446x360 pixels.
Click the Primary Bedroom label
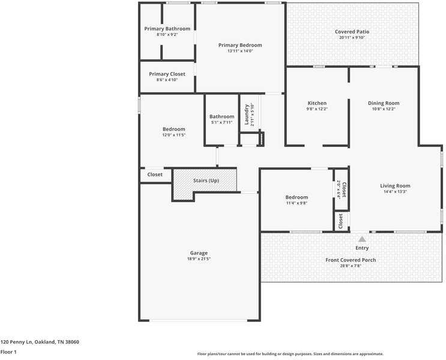240,45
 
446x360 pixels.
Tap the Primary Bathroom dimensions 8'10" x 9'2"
167,35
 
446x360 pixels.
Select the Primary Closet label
167,74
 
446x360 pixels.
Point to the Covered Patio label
352,32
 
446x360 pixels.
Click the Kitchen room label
317,103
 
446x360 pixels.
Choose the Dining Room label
384,103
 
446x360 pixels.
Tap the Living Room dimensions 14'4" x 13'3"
395,192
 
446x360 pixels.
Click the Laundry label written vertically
246,114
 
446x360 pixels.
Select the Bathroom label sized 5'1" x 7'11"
221,116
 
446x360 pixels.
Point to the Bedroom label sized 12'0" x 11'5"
173,129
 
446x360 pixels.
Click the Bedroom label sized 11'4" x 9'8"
297,197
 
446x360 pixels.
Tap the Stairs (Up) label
206,181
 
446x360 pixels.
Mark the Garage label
199,253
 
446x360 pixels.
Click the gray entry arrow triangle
362,239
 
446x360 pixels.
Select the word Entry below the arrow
362,248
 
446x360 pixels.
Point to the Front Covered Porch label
351,260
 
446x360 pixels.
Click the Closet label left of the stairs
155,175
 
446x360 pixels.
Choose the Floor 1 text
8,352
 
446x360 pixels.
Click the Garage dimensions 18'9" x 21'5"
199,259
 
